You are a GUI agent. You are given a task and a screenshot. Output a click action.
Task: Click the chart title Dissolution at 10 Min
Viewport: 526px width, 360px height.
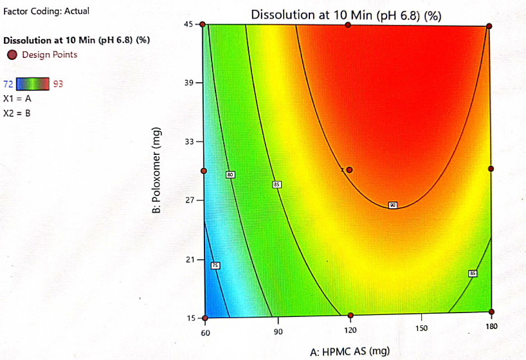click(346, 15)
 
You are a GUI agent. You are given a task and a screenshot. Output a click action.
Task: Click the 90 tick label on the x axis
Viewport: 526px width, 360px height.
click(278, 332)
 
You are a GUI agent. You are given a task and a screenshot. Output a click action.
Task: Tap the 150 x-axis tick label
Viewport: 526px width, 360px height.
click(421, 329)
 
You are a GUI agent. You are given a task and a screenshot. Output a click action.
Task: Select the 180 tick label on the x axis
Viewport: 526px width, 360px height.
click(491, 327)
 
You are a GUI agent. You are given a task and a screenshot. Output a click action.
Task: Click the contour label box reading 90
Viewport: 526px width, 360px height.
click(392, 205)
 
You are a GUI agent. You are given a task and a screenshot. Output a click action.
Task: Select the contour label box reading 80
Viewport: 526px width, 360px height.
click(230, 175)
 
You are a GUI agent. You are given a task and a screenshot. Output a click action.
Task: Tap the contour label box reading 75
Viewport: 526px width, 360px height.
click(215, 265)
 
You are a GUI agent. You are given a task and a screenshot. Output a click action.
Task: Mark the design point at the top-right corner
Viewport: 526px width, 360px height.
click(489, 26)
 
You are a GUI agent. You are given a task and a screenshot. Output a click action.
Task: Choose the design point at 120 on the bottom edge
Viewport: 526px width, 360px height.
click(350, 316)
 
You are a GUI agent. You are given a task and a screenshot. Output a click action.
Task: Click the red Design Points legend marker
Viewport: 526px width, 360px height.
click(12, 55)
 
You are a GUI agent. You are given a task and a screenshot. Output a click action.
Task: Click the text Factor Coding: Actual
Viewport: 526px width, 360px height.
click(46, 12)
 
